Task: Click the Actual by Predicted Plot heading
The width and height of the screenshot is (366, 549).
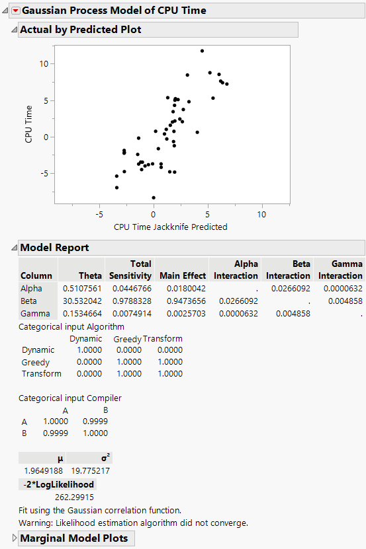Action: point(80,30)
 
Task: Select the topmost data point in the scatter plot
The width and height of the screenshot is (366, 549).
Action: point(202,51)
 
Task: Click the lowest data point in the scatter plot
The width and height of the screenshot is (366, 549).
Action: point(154,198)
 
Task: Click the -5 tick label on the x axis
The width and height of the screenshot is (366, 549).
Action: point(99,215)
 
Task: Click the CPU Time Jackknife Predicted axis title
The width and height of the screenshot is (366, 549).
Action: point(171,227)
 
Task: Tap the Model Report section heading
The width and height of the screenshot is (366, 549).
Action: point(54,248)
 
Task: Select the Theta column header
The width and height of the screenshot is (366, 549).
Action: point(91,275)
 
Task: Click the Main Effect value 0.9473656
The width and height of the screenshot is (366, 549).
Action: point(182,301)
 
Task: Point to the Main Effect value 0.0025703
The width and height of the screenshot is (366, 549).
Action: point(182,313)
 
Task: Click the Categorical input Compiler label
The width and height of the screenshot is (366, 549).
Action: point(69,398)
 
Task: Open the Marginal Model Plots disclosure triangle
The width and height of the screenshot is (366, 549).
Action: point(15,538)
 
